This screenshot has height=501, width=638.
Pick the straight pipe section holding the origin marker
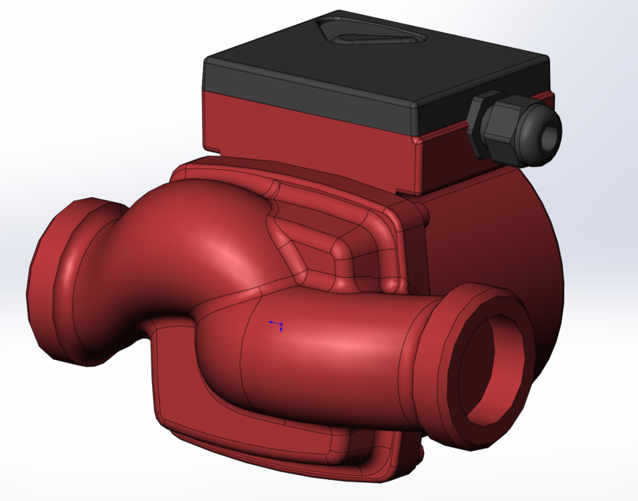(329, 344)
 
